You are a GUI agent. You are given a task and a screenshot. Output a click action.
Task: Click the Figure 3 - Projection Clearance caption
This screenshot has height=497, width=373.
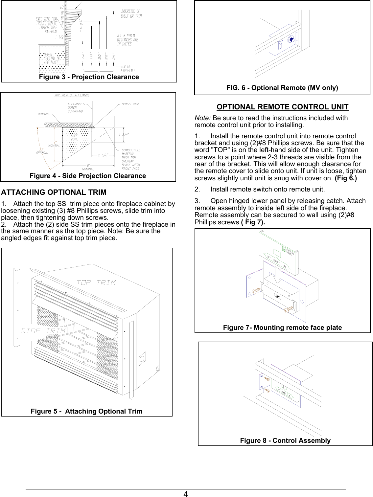click(x=89, y=77)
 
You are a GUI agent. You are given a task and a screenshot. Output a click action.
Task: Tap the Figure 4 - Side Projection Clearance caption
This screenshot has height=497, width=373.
click(x=88, y=176)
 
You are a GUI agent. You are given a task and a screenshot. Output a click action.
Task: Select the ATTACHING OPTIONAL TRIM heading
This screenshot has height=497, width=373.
click(x=54, y=192)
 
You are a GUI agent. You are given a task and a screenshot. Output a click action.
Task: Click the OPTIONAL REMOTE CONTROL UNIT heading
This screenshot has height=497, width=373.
click(x=282, y=107)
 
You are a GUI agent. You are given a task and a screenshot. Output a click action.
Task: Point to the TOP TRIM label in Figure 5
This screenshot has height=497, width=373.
click(x=96, y=282)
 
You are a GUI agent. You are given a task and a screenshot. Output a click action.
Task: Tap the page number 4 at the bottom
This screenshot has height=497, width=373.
click(x=186, y=494)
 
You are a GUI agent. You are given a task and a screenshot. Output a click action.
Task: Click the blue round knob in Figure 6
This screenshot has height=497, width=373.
click(x=291, y=40)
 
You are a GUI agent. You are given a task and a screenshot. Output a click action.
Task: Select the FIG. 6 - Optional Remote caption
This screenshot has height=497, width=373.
click(x=282, y=88)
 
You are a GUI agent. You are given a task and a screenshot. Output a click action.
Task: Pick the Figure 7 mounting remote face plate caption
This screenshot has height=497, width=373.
click(x=282, y=328)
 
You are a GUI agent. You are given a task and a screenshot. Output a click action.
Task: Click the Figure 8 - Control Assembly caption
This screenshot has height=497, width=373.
click(x=285, y=441)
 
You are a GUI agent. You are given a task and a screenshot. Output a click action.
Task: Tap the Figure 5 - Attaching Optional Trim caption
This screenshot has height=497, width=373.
click(x=87, y=411)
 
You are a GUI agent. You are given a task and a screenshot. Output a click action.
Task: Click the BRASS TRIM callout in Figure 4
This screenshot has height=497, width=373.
click(x=130, y=104)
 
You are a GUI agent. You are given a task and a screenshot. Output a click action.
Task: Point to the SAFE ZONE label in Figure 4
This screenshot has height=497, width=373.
click(x=75, y=137)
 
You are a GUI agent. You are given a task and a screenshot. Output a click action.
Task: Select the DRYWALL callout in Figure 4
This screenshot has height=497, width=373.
click(x=44, y=114)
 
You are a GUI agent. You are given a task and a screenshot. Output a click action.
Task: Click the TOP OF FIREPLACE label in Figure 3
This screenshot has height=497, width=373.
click(x=128, y=68)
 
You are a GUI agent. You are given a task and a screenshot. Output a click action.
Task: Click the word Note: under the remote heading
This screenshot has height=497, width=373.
click(x=203, y=118)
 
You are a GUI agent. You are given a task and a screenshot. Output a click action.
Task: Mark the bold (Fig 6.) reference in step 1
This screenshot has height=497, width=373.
click(x=345, y=178)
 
